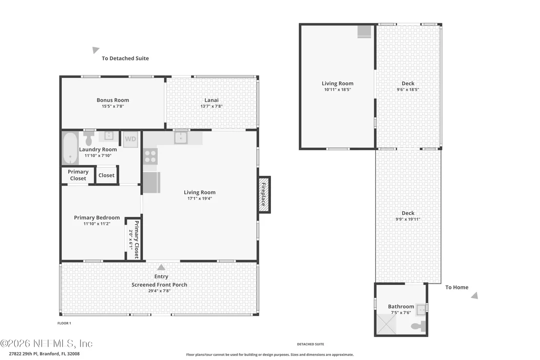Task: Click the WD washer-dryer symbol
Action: [131, 139]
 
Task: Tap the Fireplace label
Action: [264, 194]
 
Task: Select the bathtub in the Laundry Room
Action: [70, 149]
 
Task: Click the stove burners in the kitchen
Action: [150, 156]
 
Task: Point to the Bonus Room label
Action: [113, 100]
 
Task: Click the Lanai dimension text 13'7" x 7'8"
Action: [212, 106]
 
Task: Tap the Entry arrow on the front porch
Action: [161, 267]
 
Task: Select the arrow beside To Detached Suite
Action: [96, 50]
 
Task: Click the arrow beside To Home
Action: [475, 295]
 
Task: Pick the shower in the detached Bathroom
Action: [387, 324]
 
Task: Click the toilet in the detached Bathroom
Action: [419, 326]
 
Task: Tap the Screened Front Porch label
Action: [159, 284]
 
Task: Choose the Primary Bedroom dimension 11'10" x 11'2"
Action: [97, 224]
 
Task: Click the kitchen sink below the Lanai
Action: [180, 138]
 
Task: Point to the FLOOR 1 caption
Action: [64, 323]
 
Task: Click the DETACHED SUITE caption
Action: [310, 344]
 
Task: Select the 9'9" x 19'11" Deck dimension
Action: [408, 219]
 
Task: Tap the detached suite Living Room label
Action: [337, 83]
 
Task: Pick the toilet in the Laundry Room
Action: [89, 138]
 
